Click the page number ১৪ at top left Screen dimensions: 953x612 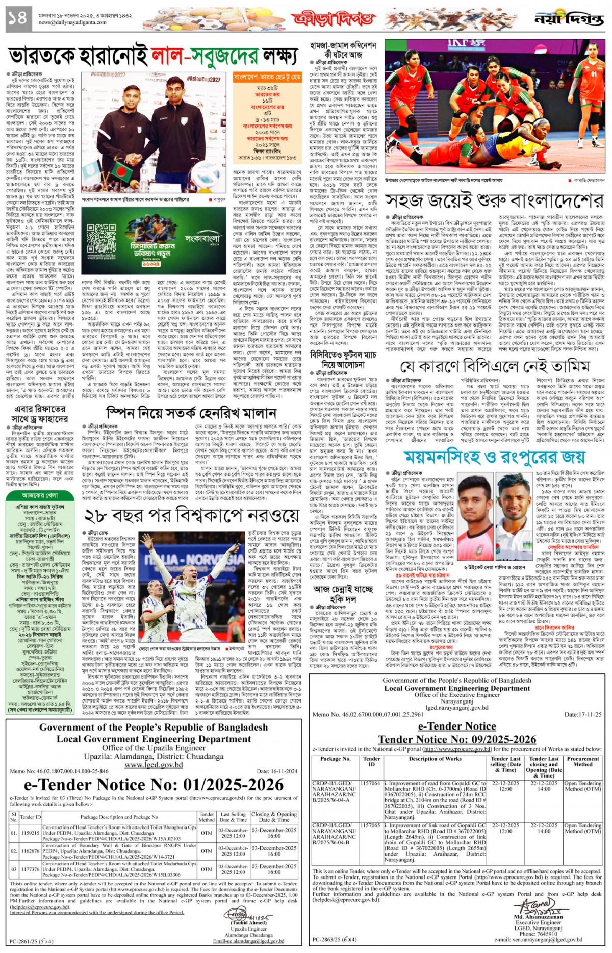pyautogui.click(x=16, y=19)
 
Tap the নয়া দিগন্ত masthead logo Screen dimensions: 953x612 pyautogui.click(x=568, y=19)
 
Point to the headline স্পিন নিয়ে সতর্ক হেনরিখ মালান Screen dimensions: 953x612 pyautogui.click(x=191, y=412)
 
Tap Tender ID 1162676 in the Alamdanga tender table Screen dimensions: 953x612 pyautogui.click(x=30, y=851)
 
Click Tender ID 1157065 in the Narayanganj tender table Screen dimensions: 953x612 pyautogui.click(x=370, y=825)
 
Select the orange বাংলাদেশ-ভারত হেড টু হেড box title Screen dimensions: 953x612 pyautogui.click(x=267, y=77)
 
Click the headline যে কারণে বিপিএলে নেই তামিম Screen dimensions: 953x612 pyautogui.click(x=495, y=366)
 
